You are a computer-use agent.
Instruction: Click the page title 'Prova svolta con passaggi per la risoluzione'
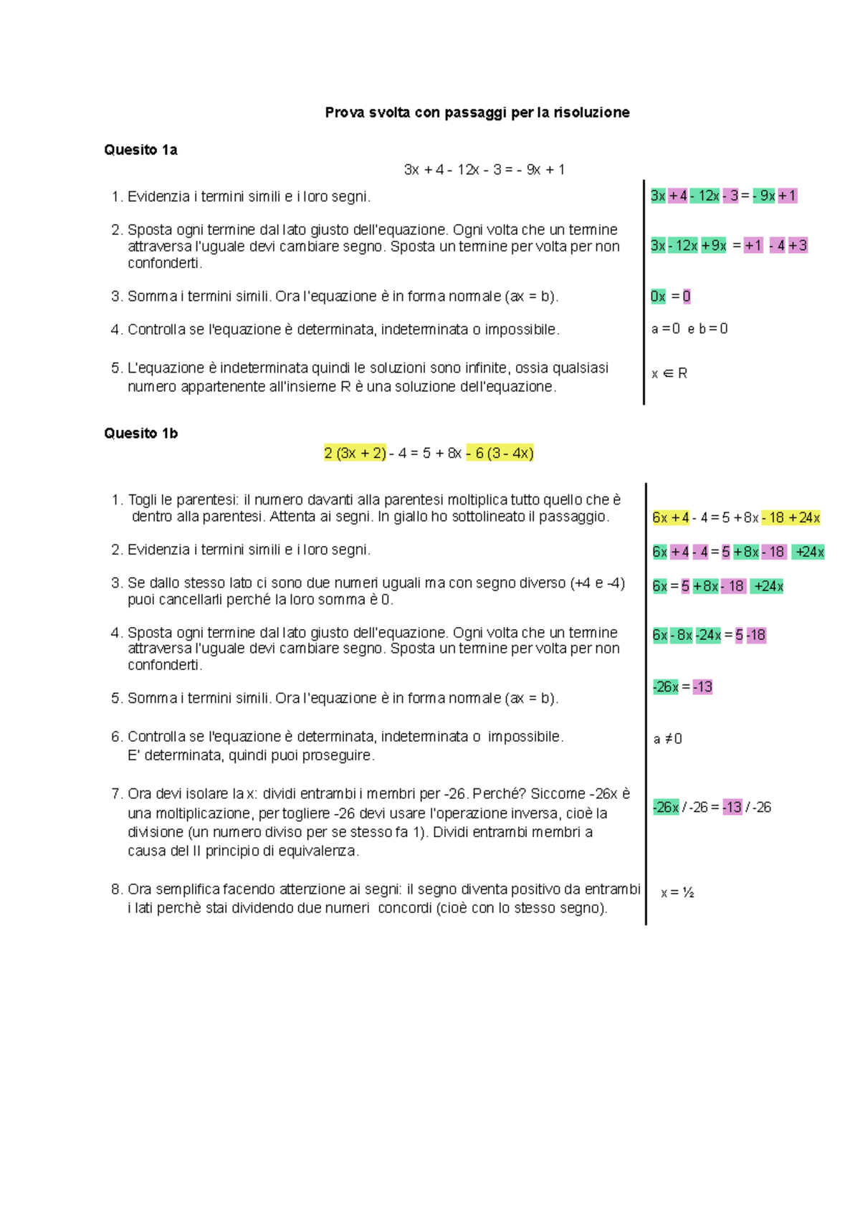[477, 113]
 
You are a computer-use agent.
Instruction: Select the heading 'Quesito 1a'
[140, 150]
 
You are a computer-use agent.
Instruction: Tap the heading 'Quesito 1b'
[140, 433]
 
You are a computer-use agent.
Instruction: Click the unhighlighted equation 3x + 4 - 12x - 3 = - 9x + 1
[484, 170]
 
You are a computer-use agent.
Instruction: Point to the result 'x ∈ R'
[669, 373]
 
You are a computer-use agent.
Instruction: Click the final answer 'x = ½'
[677, 893]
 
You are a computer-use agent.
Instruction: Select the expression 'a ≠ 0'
[668, 739]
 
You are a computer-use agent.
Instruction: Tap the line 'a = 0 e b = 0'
[689, 329]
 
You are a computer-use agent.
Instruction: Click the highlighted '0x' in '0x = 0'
[658, 297]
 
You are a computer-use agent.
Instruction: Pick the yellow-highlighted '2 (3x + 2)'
[355, 453]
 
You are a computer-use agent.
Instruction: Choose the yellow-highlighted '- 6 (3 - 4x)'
[500, 453]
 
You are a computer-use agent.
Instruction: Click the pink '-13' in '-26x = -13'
[703, 687]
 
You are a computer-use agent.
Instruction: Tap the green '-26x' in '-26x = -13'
[666, 687]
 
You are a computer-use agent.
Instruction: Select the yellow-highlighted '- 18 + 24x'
[790, 517]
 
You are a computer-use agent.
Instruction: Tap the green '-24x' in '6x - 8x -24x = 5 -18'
[708, 635]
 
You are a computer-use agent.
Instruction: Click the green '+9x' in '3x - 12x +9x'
[714, 246]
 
